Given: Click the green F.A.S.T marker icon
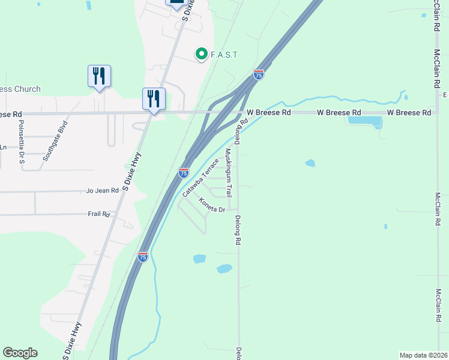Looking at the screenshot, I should [202, 55].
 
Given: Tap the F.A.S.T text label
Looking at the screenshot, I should [224, 55].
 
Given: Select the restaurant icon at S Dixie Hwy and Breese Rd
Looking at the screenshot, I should [154, 98].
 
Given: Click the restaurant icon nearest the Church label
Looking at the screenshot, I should [99, 76].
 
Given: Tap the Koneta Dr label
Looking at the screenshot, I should [212, 206].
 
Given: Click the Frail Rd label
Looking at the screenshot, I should [98, 214].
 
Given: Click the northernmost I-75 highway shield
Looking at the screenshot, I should [259, 74].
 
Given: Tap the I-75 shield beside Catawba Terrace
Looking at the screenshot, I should [184, 173].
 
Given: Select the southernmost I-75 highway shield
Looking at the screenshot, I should [142, 257].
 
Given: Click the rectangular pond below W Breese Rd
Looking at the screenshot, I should [365, 121].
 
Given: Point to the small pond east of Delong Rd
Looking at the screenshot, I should [310, 163].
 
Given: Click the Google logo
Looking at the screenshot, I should [20, 353].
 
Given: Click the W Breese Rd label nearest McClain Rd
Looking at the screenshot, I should [409, 112].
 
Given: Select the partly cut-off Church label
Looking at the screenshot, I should [20, 89].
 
